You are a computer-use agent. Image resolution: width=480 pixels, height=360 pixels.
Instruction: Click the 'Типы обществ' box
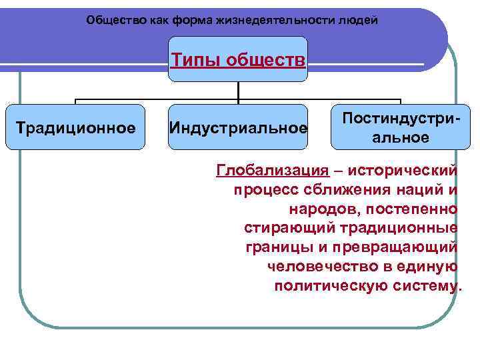click(238, 60)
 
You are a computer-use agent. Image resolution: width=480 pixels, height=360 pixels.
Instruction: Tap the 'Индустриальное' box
click(238, 127)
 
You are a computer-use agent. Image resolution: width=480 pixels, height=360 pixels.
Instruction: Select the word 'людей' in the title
click(361, 20)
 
